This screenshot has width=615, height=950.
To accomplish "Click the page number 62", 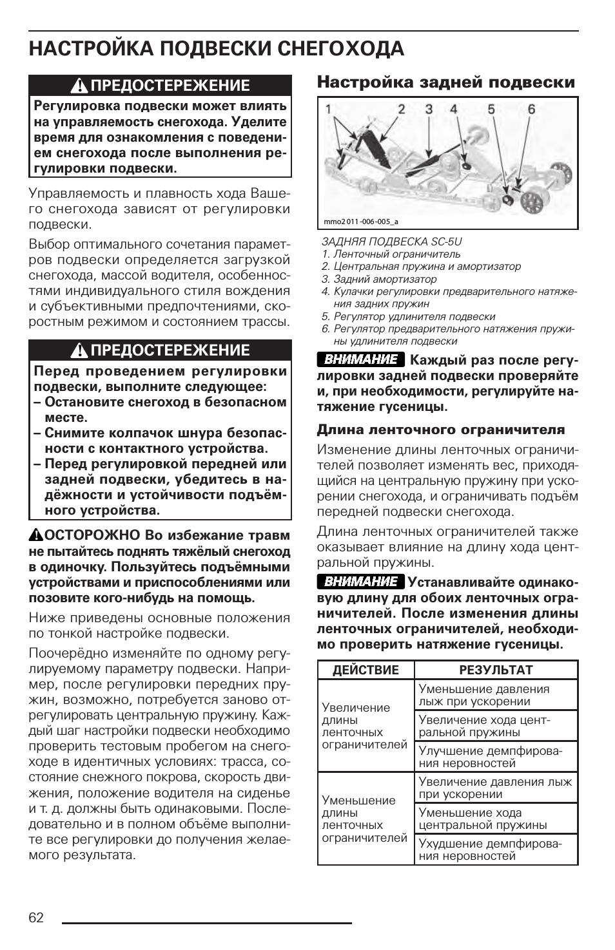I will (x=36, y=917).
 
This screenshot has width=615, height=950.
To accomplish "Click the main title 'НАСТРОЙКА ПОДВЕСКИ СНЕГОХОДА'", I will (x=217, y=49).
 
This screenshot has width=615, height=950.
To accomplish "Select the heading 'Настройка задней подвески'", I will (x=445, y=82).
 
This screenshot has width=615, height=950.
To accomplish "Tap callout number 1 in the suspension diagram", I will (x=328, y=109).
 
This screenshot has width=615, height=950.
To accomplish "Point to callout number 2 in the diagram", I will (x=401, y=109).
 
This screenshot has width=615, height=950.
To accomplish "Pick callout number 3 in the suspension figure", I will (x=429, y=109).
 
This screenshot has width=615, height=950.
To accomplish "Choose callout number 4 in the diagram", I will (x=453, y=109).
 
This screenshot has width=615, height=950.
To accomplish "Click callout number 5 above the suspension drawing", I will (x=491, y=109).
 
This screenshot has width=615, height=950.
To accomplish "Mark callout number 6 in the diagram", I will (x=531, y=109).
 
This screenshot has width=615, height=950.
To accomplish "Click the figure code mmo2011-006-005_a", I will (x=361, y=222).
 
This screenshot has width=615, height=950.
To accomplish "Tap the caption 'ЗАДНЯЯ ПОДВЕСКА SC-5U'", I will (x=391, y=242).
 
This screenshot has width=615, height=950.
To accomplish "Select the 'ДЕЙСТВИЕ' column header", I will (x=366, y=670).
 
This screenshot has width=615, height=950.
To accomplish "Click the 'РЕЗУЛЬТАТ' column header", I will (x=496, y=670).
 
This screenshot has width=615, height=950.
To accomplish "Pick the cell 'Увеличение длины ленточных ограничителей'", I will (x=364, y=726).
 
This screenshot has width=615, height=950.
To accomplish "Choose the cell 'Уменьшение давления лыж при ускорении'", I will (x=484, y=695).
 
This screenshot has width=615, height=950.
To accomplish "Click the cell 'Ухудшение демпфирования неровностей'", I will (x=490, y=850).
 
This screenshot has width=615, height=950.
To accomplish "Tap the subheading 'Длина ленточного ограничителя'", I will (x=440, y=430).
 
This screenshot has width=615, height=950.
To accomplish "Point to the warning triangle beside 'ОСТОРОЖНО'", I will (x=35, y=535).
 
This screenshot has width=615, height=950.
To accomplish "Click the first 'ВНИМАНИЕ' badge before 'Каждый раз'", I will (x=360, y=359).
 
